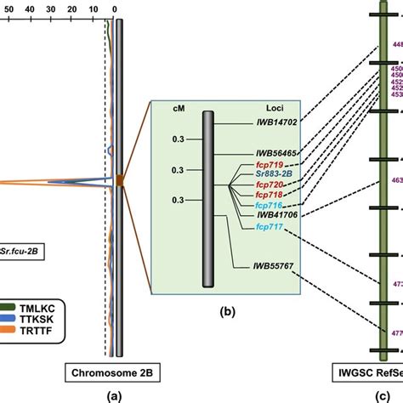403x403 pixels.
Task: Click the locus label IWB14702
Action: tap(273, 123)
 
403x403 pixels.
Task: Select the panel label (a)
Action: tap(113, 395)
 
